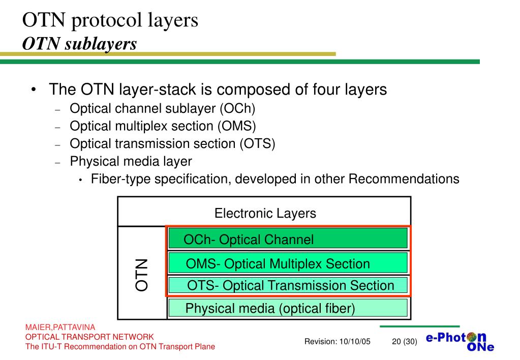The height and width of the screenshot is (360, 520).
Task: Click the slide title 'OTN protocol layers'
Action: click(110, 20)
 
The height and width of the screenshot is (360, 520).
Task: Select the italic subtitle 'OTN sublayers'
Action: click(80, 44)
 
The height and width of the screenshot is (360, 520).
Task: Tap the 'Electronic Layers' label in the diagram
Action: click(265, 213)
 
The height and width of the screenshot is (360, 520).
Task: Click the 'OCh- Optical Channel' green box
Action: click(288, 238)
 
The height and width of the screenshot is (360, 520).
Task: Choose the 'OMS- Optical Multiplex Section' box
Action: click(288, 263)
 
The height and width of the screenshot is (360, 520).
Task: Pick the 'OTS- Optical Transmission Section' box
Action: click(288, 285)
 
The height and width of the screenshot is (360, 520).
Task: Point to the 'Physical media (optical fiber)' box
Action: click(288, 308)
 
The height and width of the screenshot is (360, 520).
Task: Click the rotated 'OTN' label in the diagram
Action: click(141, 275)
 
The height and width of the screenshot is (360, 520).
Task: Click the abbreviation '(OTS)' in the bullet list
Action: click(257, 144)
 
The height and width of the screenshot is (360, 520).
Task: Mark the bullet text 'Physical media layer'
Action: click(131, 162)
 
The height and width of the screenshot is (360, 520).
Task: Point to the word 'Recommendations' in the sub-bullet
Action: click(404, 179)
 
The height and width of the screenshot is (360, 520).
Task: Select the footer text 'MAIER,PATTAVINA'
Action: click(60, 327)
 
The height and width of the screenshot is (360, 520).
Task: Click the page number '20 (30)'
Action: click(405, 342)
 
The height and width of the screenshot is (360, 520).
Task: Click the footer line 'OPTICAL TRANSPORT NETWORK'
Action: click(89, 337)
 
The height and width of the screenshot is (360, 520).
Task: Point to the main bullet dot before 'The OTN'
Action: click(33, 91)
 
